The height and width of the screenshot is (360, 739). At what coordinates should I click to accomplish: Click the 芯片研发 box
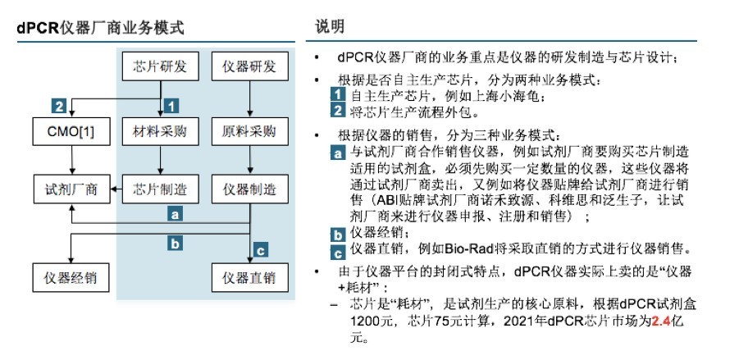point(160,66)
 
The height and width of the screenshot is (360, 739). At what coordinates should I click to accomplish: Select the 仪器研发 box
point(249,66)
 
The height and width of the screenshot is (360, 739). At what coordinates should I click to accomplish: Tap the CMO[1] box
point(71,131)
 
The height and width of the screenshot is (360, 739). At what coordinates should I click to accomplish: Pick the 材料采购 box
point(160,131)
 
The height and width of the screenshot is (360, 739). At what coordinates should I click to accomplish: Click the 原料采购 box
point(249,131)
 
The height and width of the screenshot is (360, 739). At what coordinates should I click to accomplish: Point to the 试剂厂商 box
point(71,189)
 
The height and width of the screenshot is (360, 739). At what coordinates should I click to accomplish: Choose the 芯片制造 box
point(160,189)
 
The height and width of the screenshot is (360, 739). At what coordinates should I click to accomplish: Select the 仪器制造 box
point(249,189)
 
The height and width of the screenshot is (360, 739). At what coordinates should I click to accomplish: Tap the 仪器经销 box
point(71,277)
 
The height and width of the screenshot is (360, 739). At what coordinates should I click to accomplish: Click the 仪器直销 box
point(249,277)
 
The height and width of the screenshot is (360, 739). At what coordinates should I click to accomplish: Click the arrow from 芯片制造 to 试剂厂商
point(116,189)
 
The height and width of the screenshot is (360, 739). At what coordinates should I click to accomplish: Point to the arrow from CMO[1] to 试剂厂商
point(71,160)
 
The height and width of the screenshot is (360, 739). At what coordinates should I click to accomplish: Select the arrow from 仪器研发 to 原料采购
point(250,98)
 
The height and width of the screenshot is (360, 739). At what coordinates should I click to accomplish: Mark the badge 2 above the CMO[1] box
point(59,106)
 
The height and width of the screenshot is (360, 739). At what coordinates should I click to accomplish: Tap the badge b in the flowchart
point(175,244)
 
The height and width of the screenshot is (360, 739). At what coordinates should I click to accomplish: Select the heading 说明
point(330,26)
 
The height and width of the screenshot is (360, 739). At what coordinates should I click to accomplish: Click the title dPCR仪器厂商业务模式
point(100,28)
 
